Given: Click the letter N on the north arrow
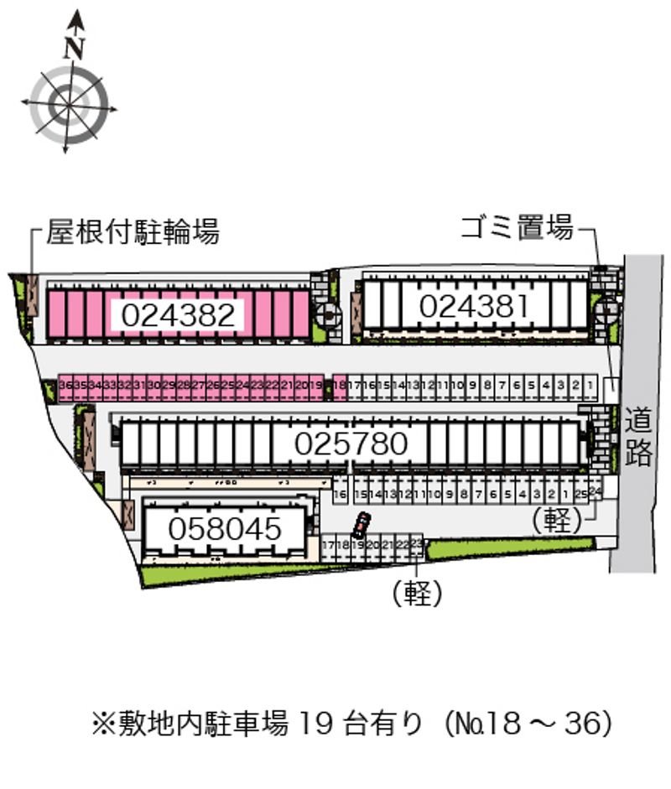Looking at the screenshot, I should [75, 48].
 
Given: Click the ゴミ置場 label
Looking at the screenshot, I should [517, 226].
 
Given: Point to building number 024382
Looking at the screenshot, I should [178, 315].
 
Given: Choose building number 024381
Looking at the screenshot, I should [475, 307].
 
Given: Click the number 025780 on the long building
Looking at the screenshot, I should [351, 444].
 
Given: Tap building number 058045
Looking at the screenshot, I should [224, 529].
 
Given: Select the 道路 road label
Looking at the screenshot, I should [638, 435].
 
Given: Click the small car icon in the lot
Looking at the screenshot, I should [360, 526].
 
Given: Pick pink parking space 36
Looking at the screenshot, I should [65, 385].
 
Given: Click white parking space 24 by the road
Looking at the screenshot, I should [596, 490].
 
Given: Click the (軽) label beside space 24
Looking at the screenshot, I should [557, 521].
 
